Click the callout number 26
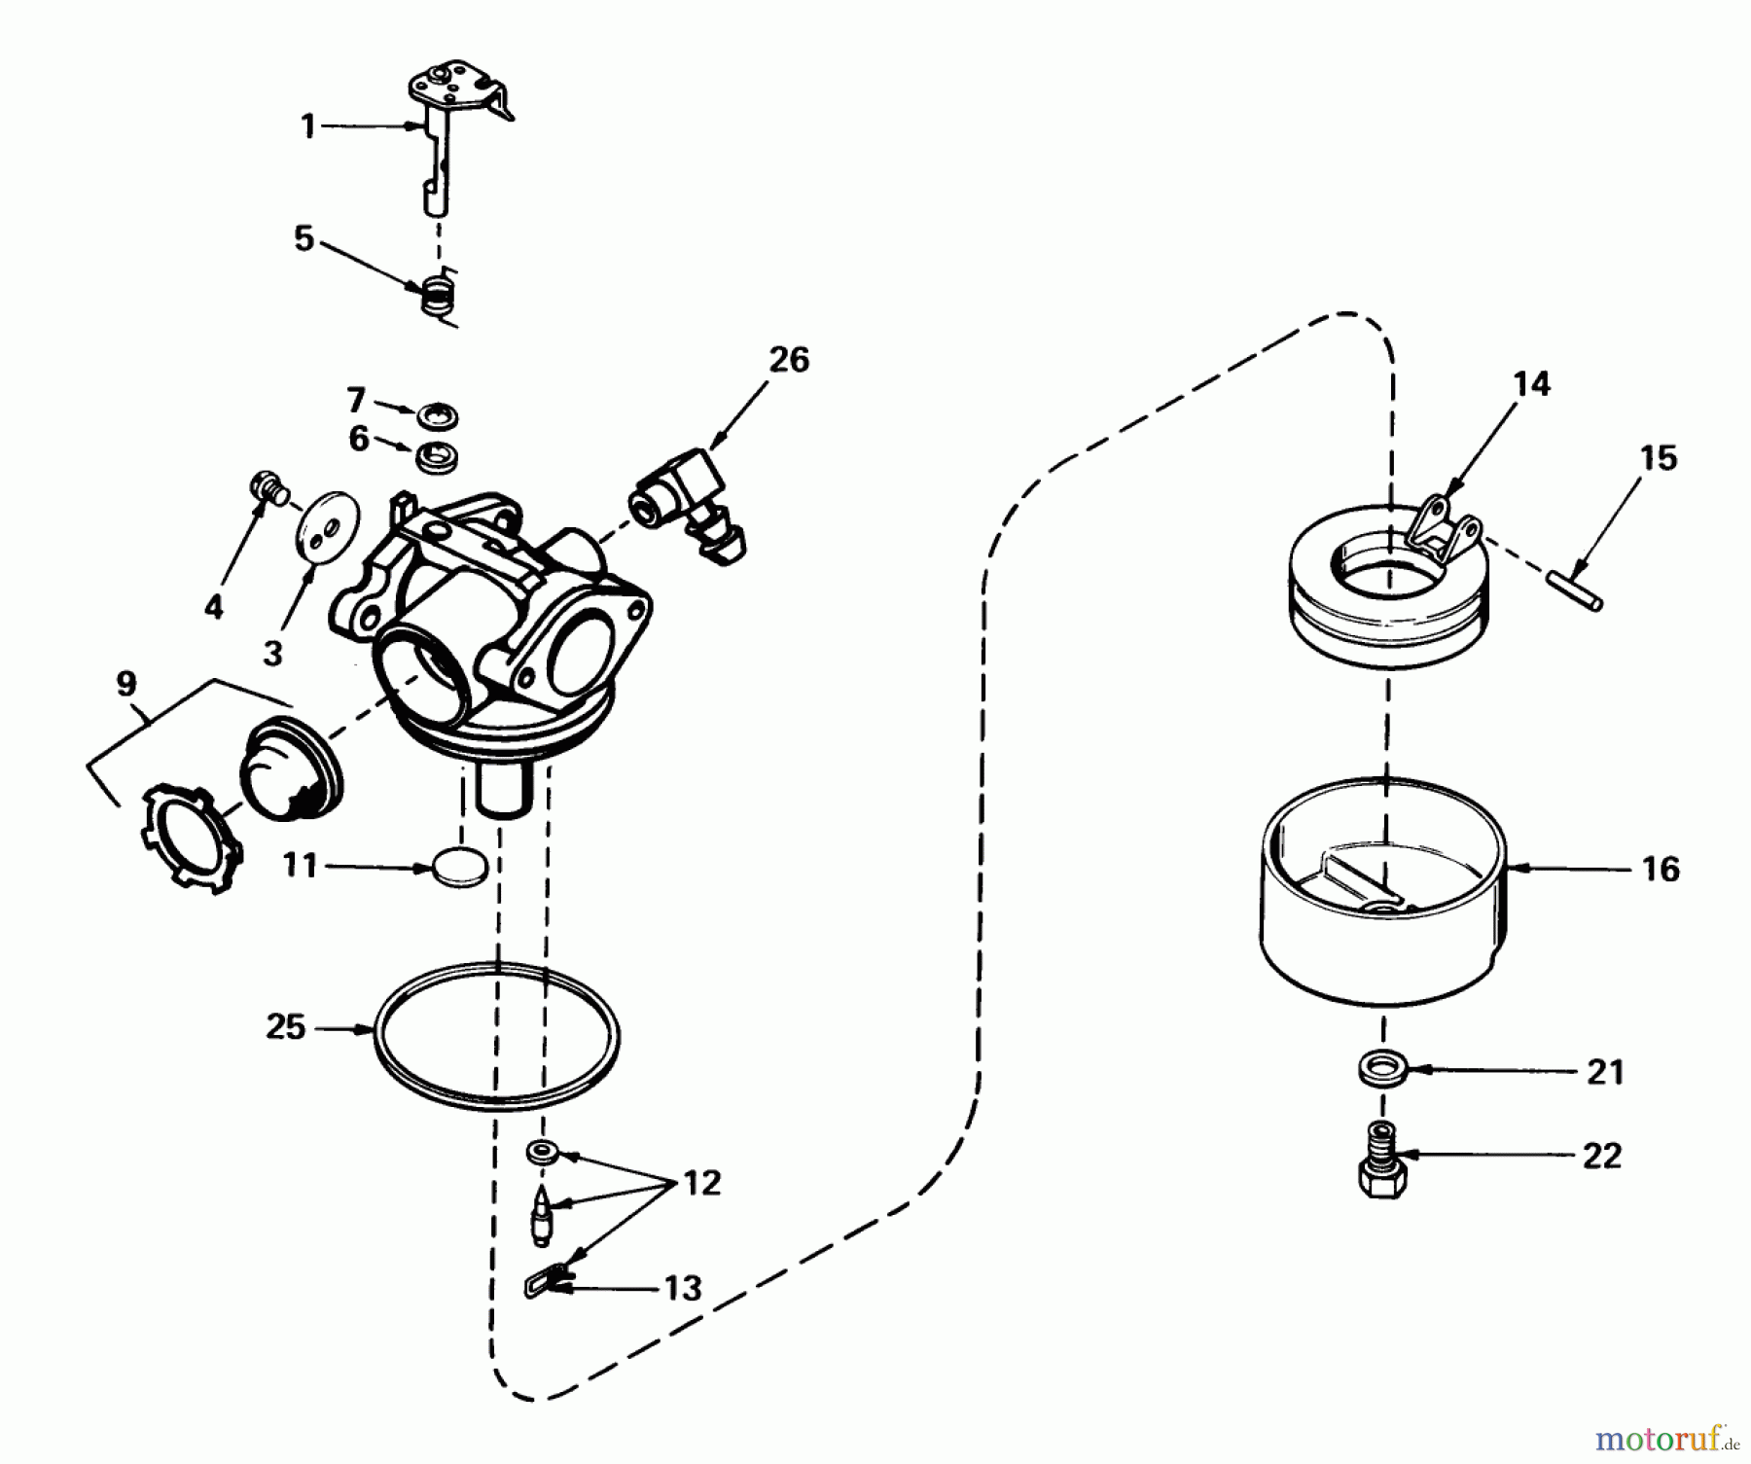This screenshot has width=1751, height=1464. click(x=789, y=360)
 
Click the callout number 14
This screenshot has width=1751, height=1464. click(x=1531, y=384)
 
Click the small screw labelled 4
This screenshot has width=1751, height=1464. click(x=268, y=484)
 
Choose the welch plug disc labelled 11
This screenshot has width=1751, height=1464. click(x=458, y=867)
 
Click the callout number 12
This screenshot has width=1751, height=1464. click(x=701, y=1183)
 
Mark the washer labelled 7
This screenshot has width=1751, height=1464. click(x=438, y=417)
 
